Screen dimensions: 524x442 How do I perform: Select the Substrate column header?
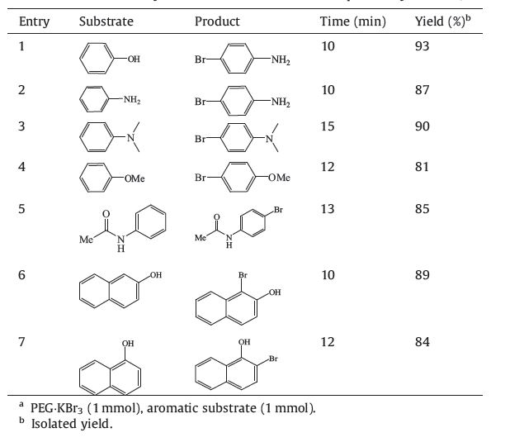[x=106, y=21]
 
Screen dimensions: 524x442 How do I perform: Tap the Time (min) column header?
[x=352, y=21]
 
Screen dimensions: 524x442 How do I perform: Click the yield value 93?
[x=423, y=45]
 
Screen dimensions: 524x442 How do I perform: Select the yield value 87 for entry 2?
[x=423, y=89]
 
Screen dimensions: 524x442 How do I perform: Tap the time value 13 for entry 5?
[x=328, y=209]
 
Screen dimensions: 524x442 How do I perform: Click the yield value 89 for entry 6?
[x=423, y=275]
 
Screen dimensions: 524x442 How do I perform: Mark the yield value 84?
[x=423, y=342]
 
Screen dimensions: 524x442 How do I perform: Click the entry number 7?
[x=22, y=342]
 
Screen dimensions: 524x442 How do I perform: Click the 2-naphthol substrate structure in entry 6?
[x=116, y=290]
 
